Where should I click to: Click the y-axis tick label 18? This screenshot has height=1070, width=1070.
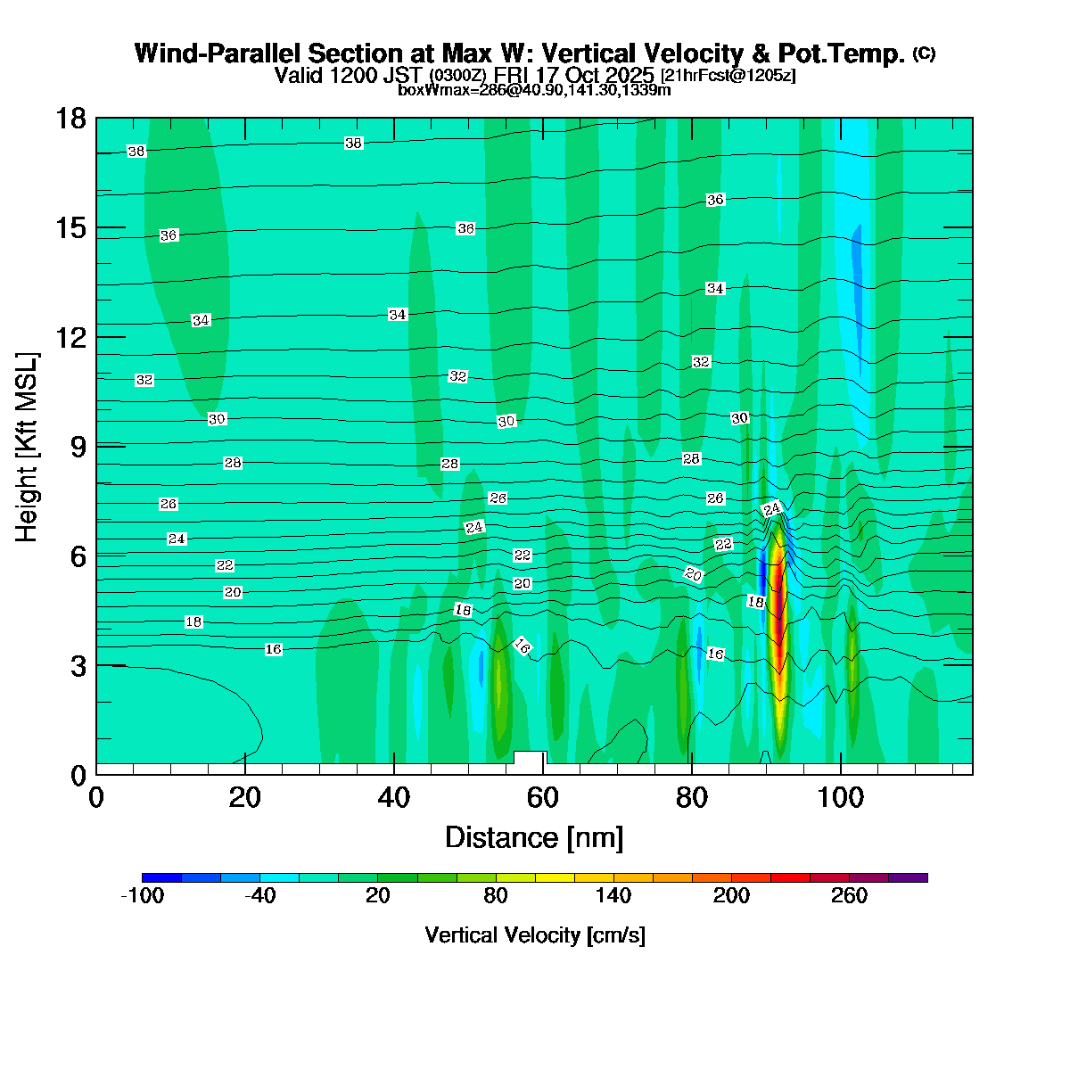[70, 118]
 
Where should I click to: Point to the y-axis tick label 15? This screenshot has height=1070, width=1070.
[70, 227]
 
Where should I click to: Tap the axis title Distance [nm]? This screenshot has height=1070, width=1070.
[534, 837]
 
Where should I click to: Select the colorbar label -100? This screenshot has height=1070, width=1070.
[142, 896]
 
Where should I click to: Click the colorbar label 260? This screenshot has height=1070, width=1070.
[849, 896]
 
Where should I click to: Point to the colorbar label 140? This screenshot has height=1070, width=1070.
[613, 896]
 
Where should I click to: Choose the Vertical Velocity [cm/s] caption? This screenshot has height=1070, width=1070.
[535, 935]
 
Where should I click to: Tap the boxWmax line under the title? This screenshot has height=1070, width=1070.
[534, 89]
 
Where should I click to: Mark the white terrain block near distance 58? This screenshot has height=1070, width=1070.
[530, 761]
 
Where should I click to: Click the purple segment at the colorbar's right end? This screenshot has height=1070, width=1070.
[908, 877]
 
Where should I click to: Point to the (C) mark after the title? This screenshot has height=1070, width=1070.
[924, 53]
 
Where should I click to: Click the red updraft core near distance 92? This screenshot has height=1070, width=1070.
[778, 624]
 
